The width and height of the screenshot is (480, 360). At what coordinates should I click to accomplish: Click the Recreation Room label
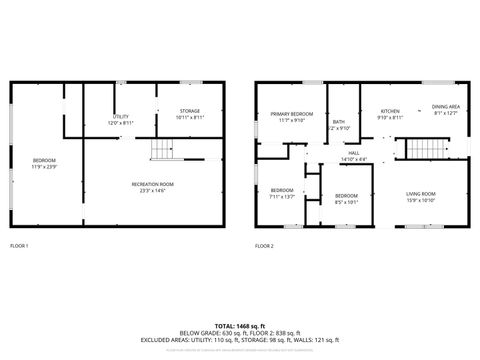(x=153, y=184)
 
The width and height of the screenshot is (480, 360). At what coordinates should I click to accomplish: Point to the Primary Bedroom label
(x=285, y=115)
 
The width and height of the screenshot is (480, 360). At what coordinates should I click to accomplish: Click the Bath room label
(x=339, y=122)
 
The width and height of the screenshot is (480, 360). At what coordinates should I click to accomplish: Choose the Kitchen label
(x=390, y=111)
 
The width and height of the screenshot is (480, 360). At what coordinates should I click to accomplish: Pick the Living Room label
(x=420, y=193)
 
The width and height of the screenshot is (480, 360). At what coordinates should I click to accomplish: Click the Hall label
(x=354, y=153)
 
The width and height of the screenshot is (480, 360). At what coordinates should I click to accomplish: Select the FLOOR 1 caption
(x=19, y=245)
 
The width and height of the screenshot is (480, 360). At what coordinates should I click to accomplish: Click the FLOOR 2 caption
(x=264, y=245)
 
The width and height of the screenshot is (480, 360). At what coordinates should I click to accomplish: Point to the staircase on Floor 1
(x=161, y=150)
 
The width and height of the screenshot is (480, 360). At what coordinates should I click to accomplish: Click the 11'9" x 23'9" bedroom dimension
(x=44, y=167)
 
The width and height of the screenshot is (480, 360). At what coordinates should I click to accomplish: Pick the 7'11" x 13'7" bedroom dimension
(x=282, y=196)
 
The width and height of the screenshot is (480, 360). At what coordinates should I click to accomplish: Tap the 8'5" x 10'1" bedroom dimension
(x=346, y=201)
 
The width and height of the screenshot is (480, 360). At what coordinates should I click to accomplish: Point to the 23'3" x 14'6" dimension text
(x=153, y=190)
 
